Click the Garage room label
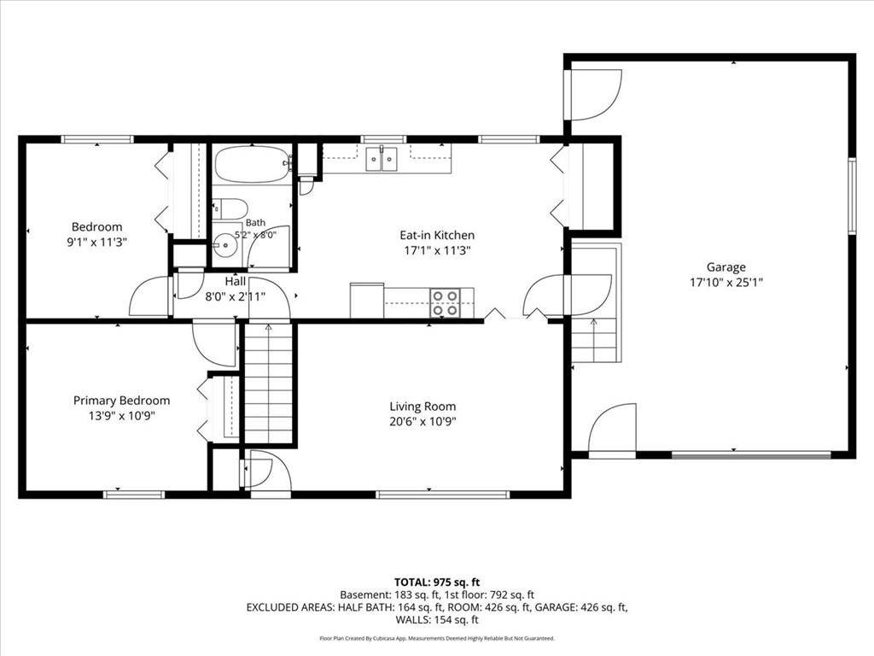725,267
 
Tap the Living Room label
422,406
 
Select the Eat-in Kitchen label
437,235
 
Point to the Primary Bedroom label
121,401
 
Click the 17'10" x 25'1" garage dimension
725,282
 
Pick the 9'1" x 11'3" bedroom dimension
97,242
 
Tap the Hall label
236,281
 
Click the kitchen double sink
382,158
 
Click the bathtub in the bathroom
253,164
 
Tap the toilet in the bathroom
230,209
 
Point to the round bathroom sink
225,245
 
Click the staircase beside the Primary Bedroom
269,384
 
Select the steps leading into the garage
594,339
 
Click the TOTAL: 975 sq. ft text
437,583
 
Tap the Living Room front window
443,495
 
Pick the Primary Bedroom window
134,495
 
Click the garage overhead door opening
751,455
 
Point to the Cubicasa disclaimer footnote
437,638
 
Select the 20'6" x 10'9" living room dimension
422,421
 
